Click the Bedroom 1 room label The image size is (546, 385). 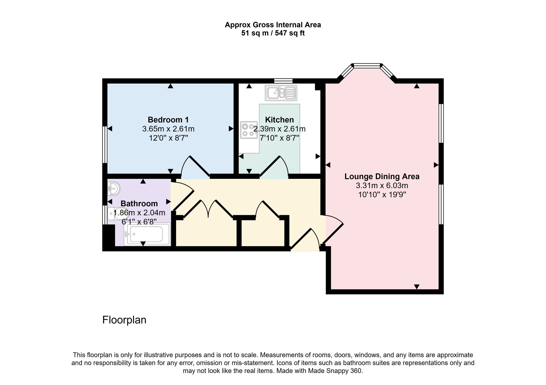coord(168,120)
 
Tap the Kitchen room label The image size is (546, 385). coord(280,120)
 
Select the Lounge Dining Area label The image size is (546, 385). coord(382,176)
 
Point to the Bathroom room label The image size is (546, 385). coord(139,203)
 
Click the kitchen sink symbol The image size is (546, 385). coord(281,93)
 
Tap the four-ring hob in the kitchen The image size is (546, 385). coord(249,130)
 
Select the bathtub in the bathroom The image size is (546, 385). coord(147,234)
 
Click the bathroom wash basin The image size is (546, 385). coord(114,188)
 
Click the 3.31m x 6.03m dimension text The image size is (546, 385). coord(382,186)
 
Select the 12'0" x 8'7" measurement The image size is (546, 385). coord(168,138)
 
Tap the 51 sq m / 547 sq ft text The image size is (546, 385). coord(273,33)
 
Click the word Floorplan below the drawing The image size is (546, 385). coord(124,320)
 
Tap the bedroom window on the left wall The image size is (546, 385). coord(105,144)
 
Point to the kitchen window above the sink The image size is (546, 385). coord(283,81)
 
